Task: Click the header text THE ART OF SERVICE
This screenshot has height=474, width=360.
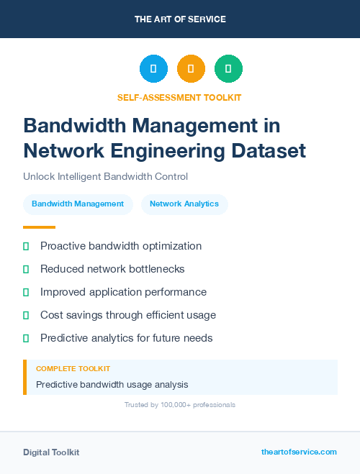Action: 180,19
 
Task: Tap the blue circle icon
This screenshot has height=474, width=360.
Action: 153,68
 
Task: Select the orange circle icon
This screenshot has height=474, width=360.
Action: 191,68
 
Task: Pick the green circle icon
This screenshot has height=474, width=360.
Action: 228,68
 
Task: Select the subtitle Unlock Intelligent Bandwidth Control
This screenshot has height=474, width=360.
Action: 105,176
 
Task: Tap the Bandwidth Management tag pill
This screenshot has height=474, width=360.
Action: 78,204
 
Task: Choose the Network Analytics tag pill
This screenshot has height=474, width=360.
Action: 184,204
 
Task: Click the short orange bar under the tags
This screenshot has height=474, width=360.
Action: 39,227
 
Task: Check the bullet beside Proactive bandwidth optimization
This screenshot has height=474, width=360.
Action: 26,246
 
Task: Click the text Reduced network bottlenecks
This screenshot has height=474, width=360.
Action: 112,269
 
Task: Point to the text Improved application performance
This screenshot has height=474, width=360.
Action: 123,292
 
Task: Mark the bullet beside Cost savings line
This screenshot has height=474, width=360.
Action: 26,315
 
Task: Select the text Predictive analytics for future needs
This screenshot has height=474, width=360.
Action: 127,338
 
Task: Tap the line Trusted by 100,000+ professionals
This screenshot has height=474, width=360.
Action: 180,405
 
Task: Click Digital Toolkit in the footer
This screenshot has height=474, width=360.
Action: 51,452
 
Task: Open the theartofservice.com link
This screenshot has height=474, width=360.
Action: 299,452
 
